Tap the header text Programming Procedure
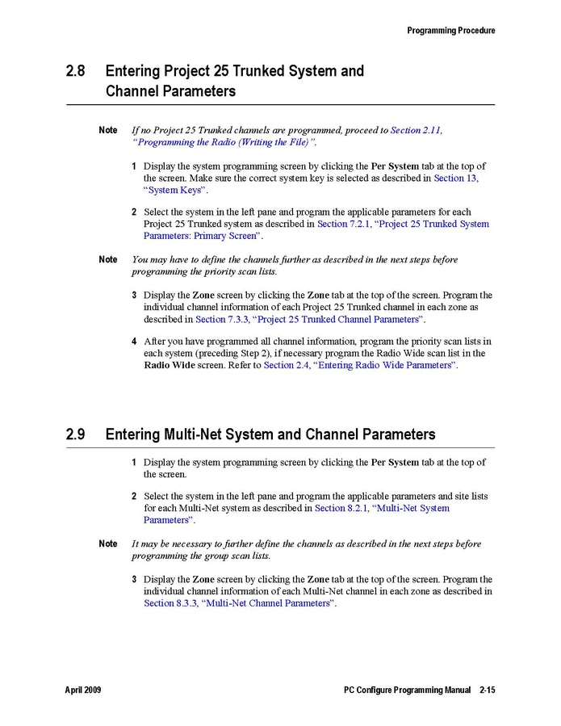450,31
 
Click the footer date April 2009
83,690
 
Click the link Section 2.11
417,130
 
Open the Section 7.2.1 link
342,224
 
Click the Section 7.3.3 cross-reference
222,320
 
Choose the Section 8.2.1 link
341,508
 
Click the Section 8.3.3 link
170,603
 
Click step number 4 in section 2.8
135,342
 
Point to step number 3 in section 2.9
135,580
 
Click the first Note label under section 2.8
107,131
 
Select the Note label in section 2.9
107,544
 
